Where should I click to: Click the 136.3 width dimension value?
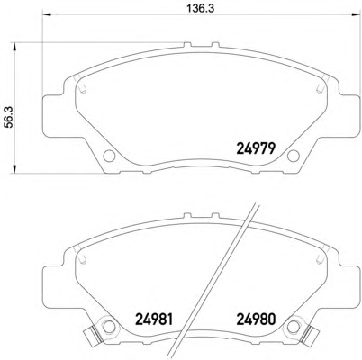(201, 8)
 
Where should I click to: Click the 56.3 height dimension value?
(10, 117)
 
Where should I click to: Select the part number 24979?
(256, 148)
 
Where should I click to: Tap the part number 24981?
(155, 319)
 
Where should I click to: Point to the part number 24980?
(256, 319)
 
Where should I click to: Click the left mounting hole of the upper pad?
(109, 156)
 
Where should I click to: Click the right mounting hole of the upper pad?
(294, 156)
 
